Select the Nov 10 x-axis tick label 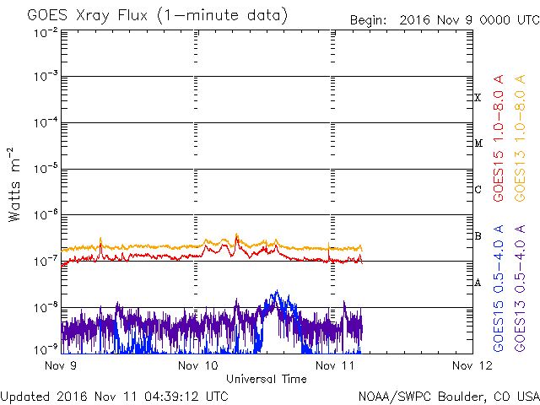coord(198,365)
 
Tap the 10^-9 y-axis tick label coord(46,348)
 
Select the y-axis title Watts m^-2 coord(15,184)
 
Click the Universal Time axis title coord(266,379)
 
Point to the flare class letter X coord(478,98)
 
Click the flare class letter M coord(478,143)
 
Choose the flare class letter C coord(478,190)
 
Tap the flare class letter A coord(478,283)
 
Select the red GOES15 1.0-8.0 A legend coord(499,158)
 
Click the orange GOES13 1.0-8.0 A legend coord(521,158)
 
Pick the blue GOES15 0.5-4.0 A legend coord(499,289)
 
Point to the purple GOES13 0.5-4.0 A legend coord(521,289)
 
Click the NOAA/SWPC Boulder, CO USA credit coord(448,396)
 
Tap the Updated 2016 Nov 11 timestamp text coord(114,396)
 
